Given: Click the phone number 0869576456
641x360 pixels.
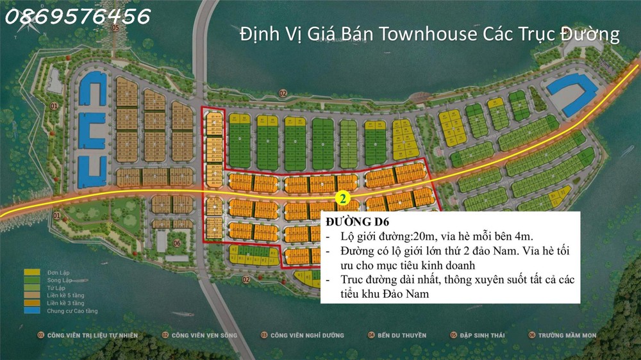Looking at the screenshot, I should coord(78,15).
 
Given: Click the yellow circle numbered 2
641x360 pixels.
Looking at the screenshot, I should coord(343,199).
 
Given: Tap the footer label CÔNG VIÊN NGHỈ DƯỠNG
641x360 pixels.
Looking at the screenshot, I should coord(306,335).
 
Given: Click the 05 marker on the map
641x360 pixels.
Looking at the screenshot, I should coord(115,28).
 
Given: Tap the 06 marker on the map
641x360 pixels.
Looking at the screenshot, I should coord(176,243).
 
